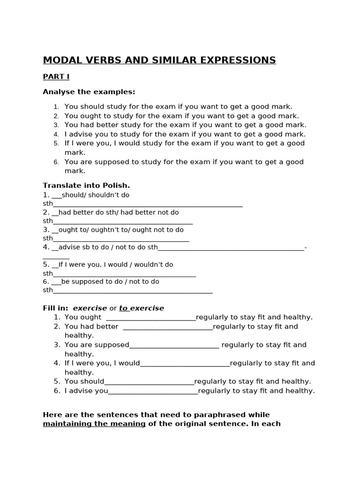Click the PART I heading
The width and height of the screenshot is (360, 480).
click(x=56, y=76)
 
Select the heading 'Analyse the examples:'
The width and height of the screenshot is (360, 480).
click(x=89, y=91)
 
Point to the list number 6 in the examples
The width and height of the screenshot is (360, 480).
click(x=56, y=162)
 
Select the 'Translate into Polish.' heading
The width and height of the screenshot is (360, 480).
click(x=86, y=185)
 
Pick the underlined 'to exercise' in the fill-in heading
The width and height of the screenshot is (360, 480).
click(x=142, y=308)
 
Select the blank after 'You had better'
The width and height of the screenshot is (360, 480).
click(x=167, y=327)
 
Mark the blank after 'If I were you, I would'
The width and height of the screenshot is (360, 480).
click(x=185, y=364)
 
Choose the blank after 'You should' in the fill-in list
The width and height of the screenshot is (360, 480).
click(x=149, y=382)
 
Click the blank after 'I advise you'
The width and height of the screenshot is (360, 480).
click(x=153, y=391)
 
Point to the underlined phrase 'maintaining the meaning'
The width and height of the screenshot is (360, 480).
click(x=94, y=424)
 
